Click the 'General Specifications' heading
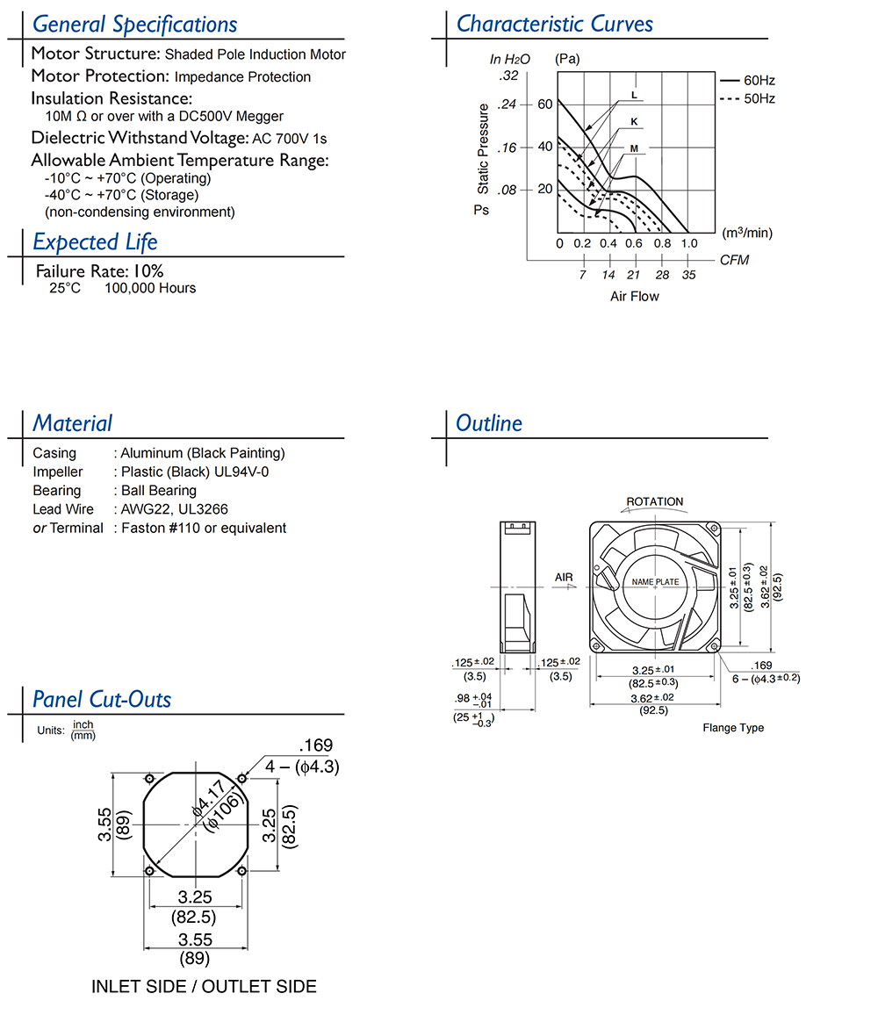[134, 25]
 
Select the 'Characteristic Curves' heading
[554, 24]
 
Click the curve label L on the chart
[633, 95]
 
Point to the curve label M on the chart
[633, 149]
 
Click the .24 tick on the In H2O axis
[507, 104]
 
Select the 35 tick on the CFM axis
[689, 275]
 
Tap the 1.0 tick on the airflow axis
[689, 243]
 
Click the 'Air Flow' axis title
[634, 296]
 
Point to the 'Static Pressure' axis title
[484, 148]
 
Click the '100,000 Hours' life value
[150, 288]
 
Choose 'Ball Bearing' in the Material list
[158, 491]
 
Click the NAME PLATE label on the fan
[655, 582]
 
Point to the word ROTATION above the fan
[654, 502]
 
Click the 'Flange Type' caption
[733, 728]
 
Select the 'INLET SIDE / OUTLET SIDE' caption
[204, 986]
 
